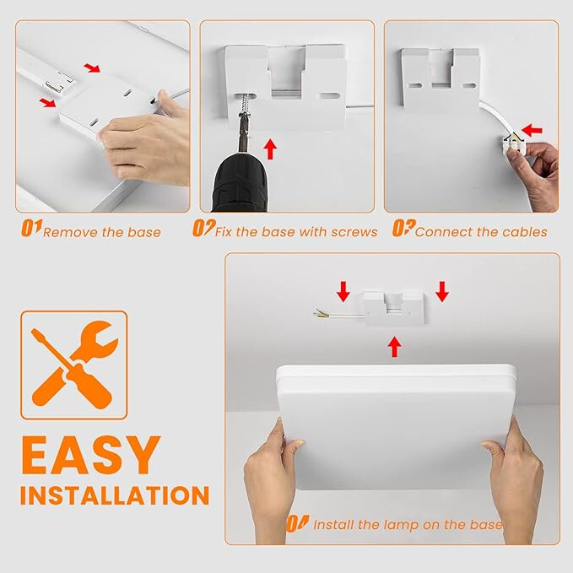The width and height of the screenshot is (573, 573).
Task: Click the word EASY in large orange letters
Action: [x=90, y=456]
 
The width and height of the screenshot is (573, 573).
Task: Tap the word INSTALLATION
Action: [x=115, y=495]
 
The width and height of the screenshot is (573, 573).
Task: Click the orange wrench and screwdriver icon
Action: [x=73, y=365]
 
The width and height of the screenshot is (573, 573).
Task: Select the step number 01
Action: [x=31, y=228]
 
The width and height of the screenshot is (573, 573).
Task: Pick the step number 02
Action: [x=203, y=228]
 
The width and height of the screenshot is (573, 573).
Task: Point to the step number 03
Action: [x=403, y=228]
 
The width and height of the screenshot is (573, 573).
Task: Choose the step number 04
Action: [x=297, y=523]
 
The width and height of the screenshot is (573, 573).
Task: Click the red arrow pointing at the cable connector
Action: [x=532, y=130]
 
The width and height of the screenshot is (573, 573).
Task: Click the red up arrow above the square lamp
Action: [x=394, y=347]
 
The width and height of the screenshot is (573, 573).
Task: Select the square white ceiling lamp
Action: [x=397, y=426]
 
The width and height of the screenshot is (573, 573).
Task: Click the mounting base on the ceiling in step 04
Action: [x=393, y=308]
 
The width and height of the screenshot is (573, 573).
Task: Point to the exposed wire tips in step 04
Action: [x=319, y=313]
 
